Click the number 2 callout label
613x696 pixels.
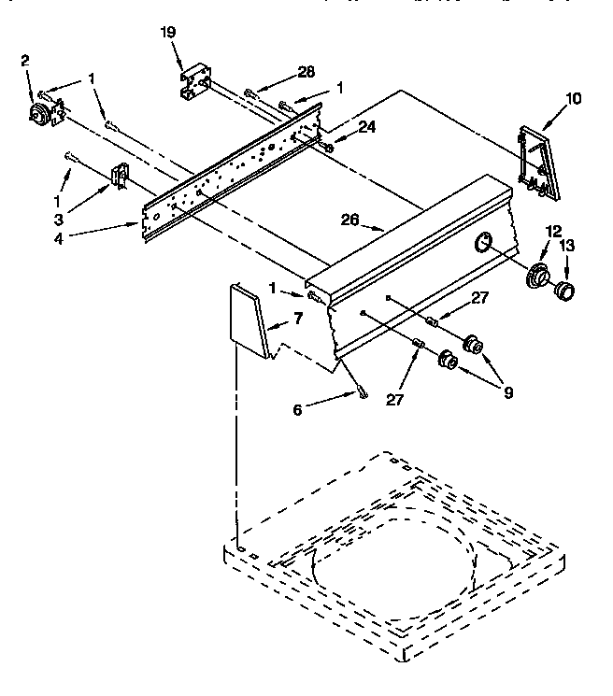pyautogui.click(x=25, y=61)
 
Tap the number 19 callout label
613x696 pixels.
pyautogui.click(x=168, y=32)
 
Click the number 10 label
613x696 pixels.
pyautogui.click(x=573, y=97)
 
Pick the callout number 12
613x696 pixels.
pyautogui.click(x=553, y=231)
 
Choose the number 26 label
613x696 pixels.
pyautogui.click(x=349, y=221)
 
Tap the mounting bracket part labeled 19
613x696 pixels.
pyautogui.click(x=194, y=80)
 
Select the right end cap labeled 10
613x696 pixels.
pyautogui.click(x=537, y=162)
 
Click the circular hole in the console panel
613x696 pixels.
pyautogui.click(x=484, y=244)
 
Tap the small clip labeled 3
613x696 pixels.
pyautogui.click(x=120, y=176)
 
